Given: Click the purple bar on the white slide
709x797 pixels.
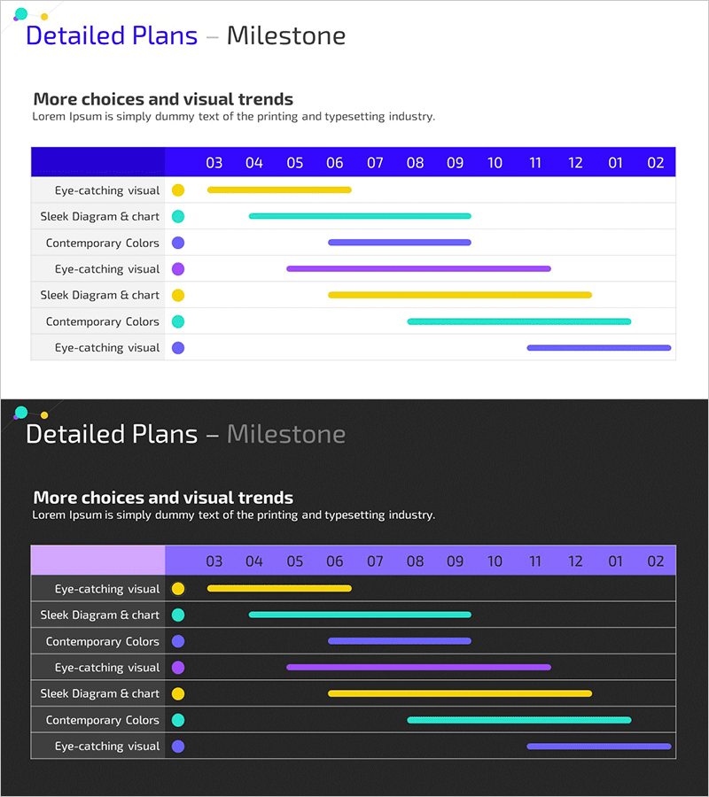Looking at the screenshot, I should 418,268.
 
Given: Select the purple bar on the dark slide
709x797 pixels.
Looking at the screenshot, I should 418,667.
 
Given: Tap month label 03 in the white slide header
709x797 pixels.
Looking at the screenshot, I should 214,162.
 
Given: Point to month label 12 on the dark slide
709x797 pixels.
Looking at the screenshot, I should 575,561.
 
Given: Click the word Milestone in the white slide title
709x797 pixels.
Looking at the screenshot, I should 285,36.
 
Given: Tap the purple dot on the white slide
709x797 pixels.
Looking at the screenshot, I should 178,269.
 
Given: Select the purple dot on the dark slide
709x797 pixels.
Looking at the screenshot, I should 178,668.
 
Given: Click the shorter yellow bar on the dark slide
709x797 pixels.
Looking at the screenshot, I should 279,588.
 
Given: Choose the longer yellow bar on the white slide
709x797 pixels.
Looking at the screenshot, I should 459,295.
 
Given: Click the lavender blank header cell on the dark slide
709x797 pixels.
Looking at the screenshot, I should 97,560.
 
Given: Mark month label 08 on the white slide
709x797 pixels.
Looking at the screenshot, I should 415,162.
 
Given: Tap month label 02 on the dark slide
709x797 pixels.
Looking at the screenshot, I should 656,561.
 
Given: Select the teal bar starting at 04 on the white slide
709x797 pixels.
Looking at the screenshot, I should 360,216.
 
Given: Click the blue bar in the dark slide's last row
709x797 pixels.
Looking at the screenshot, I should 598,747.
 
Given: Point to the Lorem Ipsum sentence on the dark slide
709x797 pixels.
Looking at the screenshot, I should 233,515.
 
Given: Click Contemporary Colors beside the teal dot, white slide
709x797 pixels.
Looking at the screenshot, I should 103,321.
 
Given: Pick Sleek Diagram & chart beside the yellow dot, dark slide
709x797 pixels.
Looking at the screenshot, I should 99,693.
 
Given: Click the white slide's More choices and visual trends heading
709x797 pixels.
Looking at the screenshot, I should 163,99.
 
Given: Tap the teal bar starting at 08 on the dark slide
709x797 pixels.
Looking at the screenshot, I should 518,720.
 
